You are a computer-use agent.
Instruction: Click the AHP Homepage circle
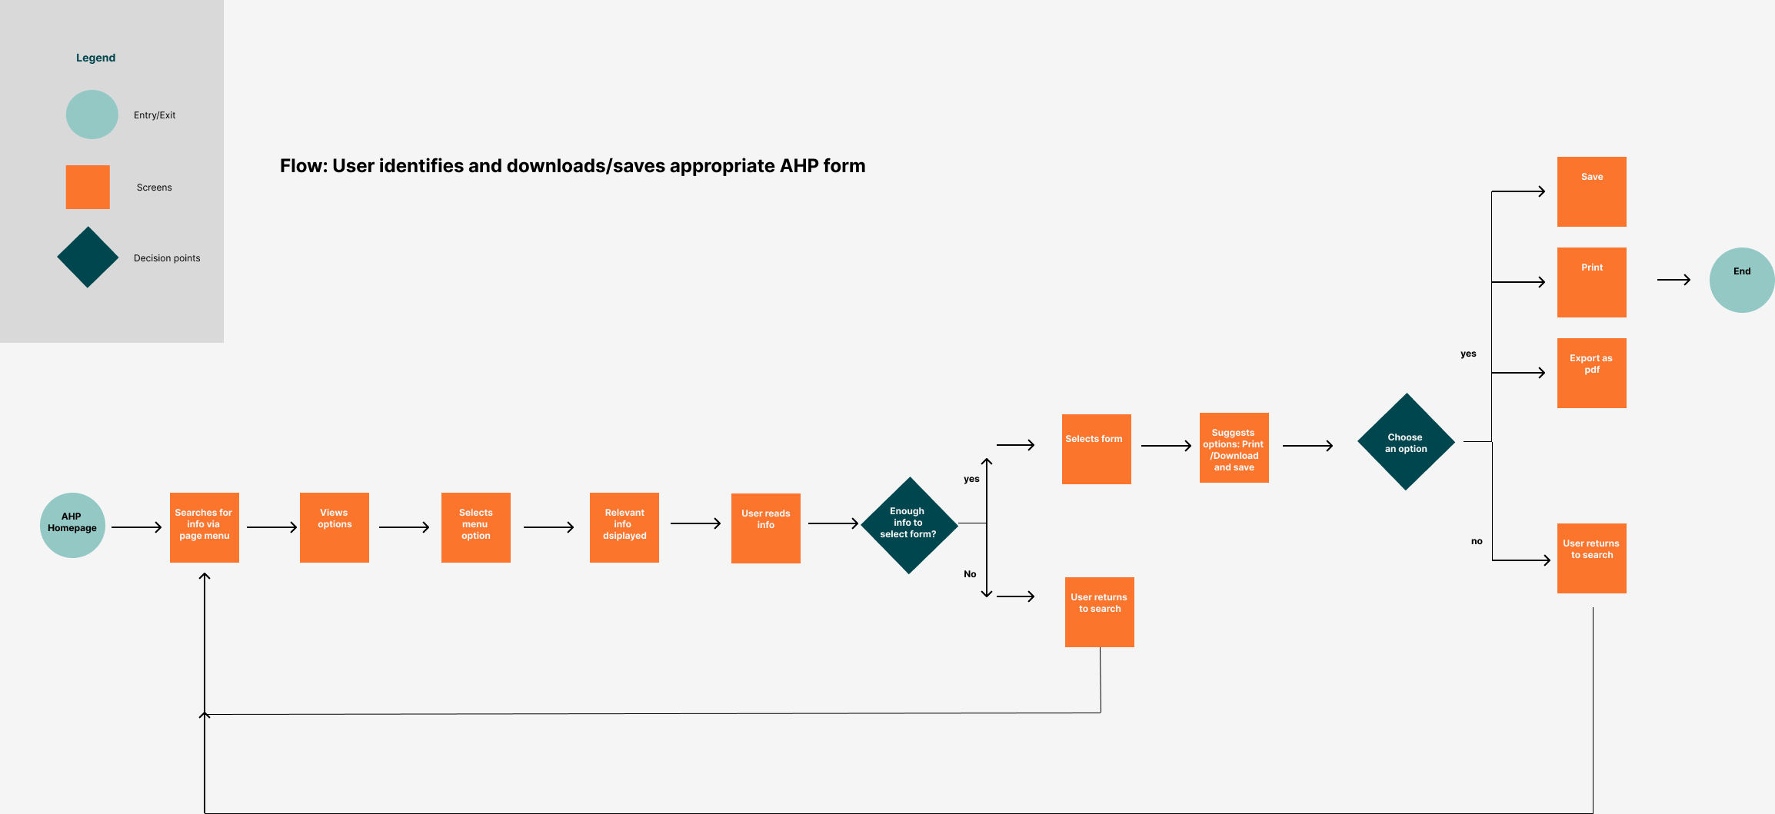click(x=72, y=525)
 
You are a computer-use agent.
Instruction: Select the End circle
click(x=1741, y=280)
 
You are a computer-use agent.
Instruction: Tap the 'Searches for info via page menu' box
click(x=204, y=527)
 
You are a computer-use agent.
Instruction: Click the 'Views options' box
click(x=334, y=527)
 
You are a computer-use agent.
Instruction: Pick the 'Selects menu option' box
click(x=475, y=527)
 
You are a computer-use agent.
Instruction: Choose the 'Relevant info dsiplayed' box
click(x=624, y=527)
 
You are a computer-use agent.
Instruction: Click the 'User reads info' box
click(x=765, y=528)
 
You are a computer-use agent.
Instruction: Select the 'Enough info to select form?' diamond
click(x=909, y=525)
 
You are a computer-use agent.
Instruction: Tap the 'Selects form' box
click(x=1096, y=449)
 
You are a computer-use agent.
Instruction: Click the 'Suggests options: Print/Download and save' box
click(x=1234, y=447)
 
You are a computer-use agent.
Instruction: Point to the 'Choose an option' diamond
click(x=1406, y=442)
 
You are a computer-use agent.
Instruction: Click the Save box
click(x=1591, y=191)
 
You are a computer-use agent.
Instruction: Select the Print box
click(x=1591, y=282)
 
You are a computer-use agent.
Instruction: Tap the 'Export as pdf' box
click(x=1591, y=373)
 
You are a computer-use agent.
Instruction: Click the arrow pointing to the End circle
click(x=1673, y=280)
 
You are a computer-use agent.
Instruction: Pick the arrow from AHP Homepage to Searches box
click(x=136, y=527)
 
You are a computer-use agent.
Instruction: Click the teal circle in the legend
click(x=92, y=115)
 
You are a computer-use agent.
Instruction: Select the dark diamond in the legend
click(x=88, y=257)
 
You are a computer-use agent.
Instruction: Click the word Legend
click(x=95, y=58)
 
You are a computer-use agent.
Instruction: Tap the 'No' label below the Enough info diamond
click(x=970, y=574)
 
